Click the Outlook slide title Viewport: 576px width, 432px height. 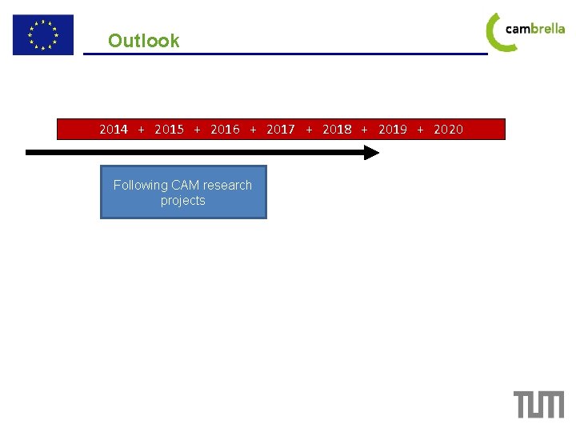(144, 41)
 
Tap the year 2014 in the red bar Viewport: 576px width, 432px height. (114, 129)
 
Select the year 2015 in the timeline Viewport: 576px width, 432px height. (169, 129)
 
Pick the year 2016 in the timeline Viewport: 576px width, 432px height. (225, 129)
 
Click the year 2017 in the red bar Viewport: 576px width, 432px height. (281, 129)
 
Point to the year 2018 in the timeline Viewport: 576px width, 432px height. (337, 129)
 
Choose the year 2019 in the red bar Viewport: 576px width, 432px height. (393, 129)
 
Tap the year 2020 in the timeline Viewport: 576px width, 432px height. (448, 129)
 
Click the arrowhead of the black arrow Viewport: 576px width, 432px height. (371, 152)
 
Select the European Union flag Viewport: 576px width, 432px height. (42, 35)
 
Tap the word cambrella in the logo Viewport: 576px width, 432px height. (535, 29)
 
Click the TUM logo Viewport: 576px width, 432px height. (538, 404)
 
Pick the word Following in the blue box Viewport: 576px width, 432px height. (140, 186)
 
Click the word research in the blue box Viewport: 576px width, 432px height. (228, 186)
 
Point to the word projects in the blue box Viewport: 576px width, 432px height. (182, 201)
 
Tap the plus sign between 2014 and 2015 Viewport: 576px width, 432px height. (142, 129)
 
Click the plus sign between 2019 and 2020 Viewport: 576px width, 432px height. (421, 129)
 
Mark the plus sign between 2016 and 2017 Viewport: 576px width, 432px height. (254, 129)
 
